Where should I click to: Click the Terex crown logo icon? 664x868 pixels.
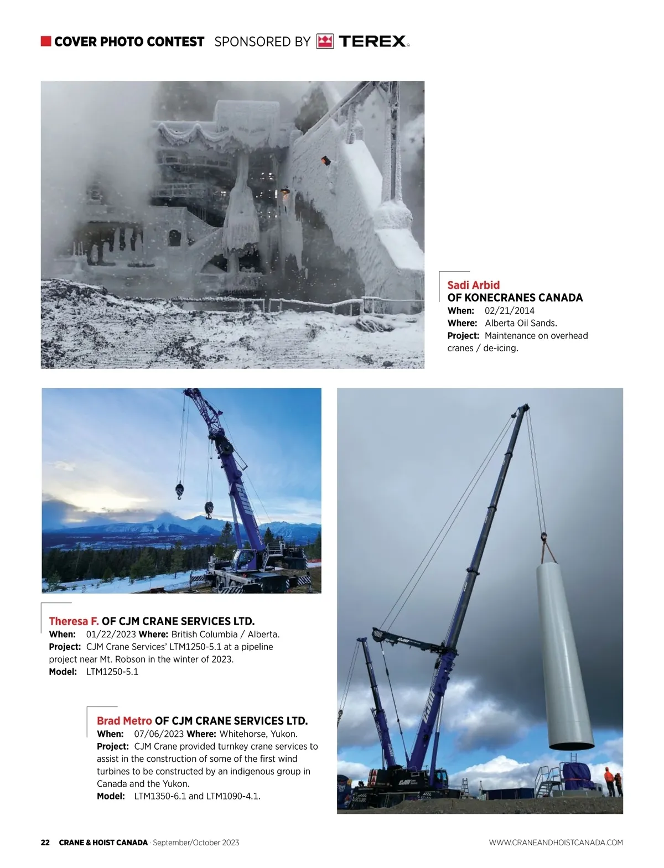coord(325,41)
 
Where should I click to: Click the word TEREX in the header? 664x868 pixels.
coord(372,41)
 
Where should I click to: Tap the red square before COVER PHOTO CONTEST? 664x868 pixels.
coord(46,41)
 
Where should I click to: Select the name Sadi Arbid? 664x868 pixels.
coord(473,285)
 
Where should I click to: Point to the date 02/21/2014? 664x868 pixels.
coord(509,310)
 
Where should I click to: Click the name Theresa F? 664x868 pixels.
coord(74,621)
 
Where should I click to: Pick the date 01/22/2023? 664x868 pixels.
coord(111,634)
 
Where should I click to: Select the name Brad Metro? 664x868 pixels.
coord(124,721)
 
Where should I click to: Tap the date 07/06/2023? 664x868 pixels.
coord(159,734)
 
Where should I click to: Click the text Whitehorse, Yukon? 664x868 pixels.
coord(258,734)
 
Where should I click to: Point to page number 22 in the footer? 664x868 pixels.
coord(45,843)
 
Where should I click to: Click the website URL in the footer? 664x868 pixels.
coord(556,843)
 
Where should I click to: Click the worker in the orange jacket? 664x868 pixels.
coord(609,780)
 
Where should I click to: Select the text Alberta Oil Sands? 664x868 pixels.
coord(521,323)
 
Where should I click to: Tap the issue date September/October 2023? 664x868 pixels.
coord(196,843)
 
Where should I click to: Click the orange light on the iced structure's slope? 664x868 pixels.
coord(325,160)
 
